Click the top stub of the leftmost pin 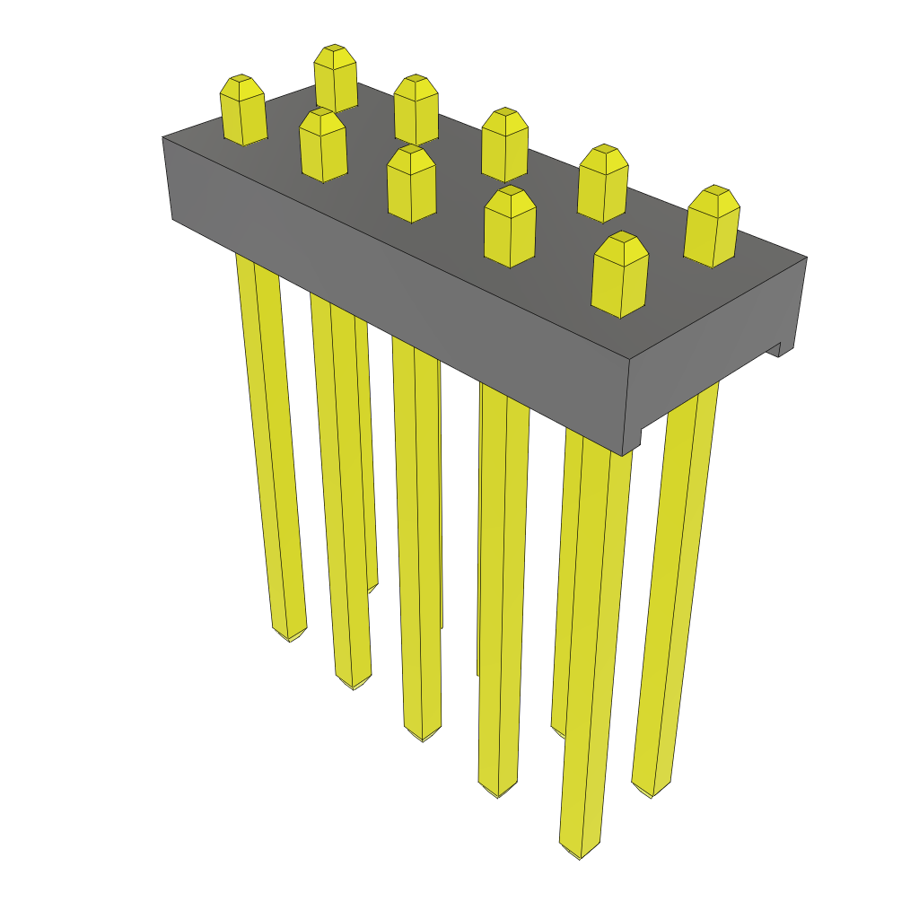coord(243,110)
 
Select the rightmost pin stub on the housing coord(713,226)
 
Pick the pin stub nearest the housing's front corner coord(620,275)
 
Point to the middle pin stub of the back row coord(504,144)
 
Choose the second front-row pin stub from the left coord(323,144)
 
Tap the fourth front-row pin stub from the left coord(510,226)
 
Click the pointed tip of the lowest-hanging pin coord(579,853)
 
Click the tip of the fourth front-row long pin coord(498,792)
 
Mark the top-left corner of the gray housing coord(163,138)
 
